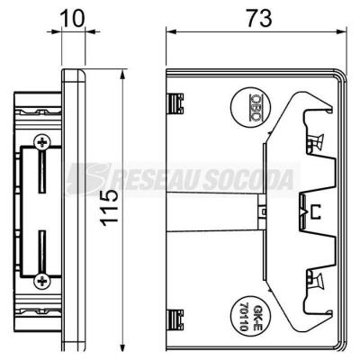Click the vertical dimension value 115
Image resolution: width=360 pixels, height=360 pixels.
coord(110,208)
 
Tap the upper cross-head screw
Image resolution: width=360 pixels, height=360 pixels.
coord(42,143)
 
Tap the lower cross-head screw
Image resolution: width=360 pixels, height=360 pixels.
coord(42,281)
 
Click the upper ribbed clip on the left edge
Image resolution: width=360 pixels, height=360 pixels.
coord(175,103)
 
